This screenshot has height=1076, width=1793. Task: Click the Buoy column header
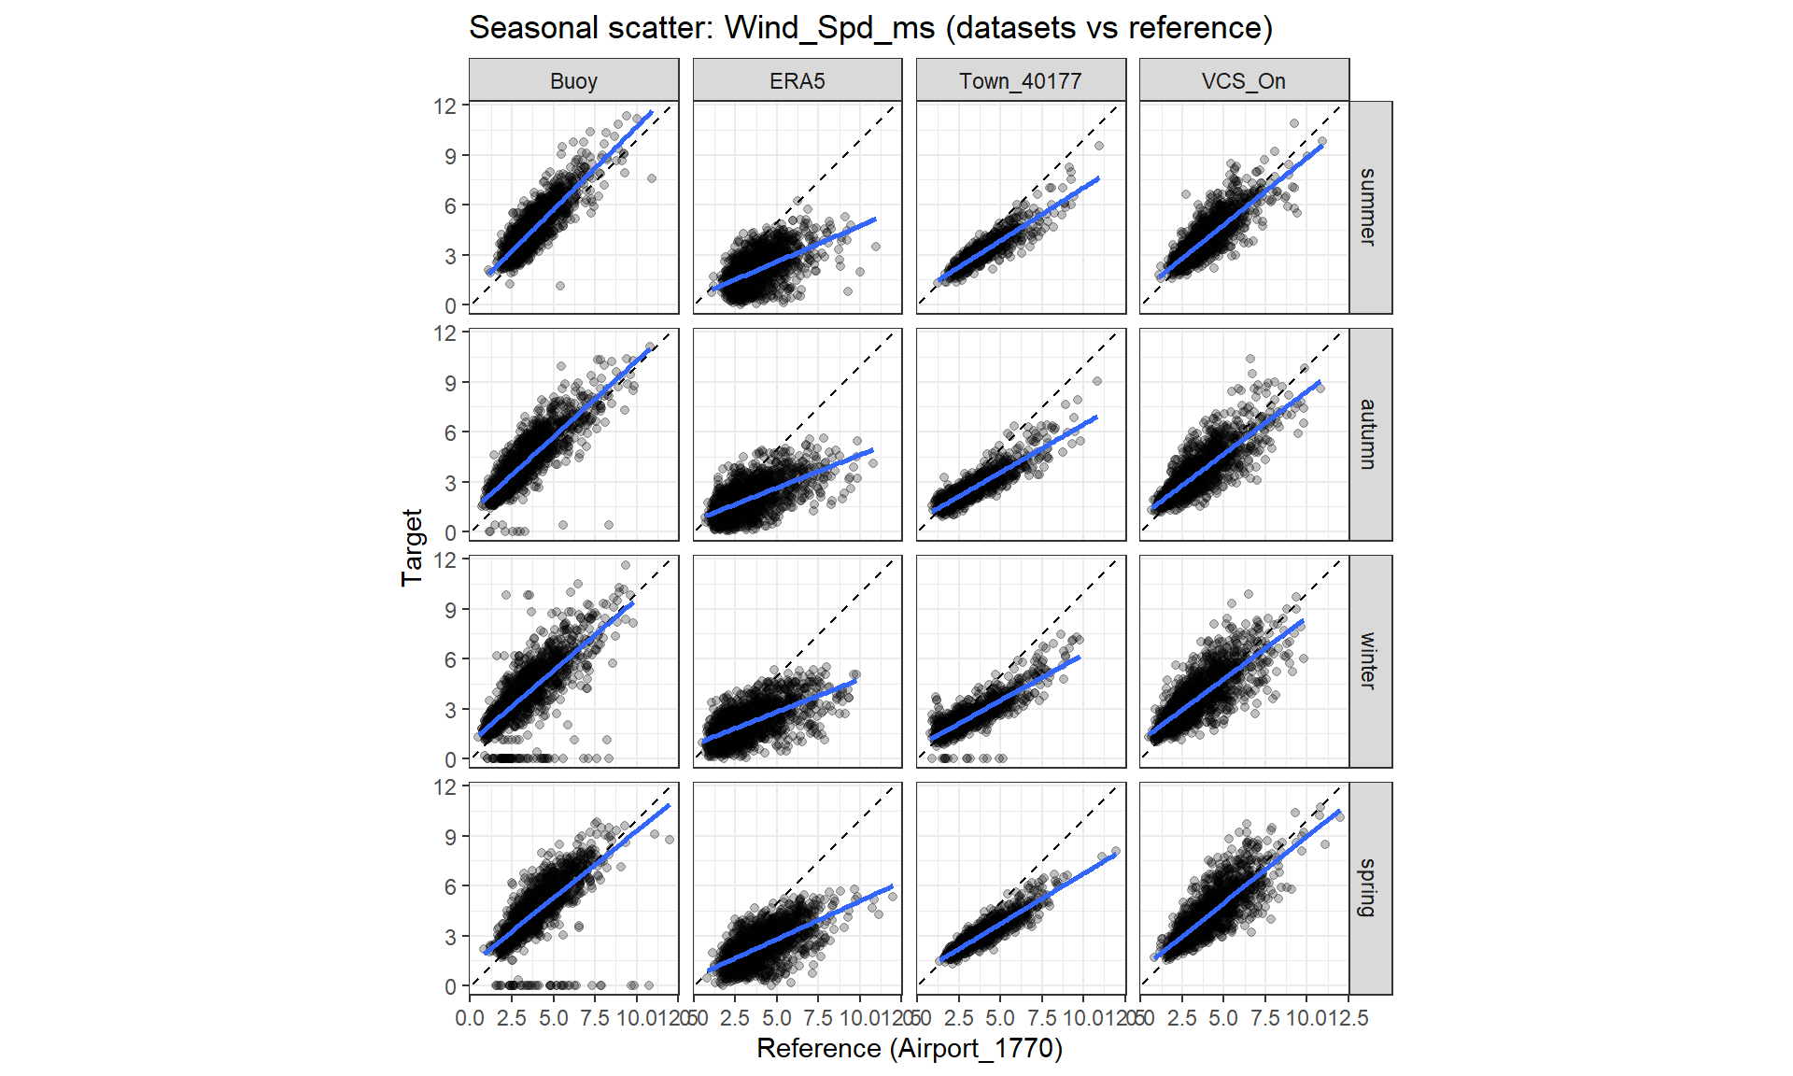[x=573, y=81]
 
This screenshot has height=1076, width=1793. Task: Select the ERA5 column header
[x=797, y=81]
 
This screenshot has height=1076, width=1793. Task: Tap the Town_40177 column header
[x=1020, y=81]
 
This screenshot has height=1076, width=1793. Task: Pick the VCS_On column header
[x=1243, y=81]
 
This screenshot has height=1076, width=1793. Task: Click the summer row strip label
[x=1369, y=207]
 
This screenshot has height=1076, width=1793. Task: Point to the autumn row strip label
[x=1369, y=434]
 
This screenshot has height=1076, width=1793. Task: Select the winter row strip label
[x=1369, y=661]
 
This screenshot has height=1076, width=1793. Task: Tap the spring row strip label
[x=1369, y=888]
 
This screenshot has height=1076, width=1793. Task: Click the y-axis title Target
[x=412, y=547]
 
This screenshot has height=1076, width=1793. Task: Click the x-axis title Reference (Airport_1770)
[x=909, y=1048]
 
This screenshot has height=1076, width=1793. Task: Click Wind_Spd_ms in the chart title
[x=829, y=28]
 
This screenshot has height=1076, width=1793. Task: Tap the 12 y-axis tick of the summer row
[x=445, y=106]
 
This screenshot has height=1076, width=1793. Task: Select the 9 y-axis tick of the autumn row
[x=450, y=383]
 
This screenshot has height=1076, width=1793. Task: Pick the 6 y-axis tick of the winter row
[x=450, y=660]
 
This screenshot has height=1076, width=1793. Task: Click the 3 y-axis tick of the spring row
[x=450, y=937]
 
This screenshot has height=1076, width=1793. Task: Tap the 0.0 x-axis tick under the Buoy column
[x=470, y=1018]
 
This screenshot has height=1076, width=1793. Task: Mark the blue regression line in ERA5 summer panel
[x=794, y=253]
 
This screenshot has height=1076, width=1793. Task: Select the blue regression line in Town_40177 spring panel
[x=1027, y=906]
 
